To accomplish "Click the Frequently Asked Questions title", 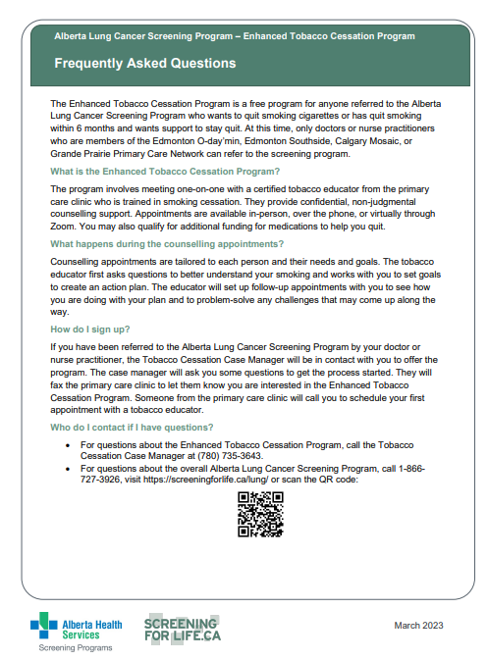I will (145, 64).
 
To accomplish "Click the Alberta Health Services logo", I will (76, 628).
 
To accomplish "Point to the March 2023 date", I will (419, 626).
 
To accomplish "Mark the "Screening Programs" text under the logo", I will (76, 648).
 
